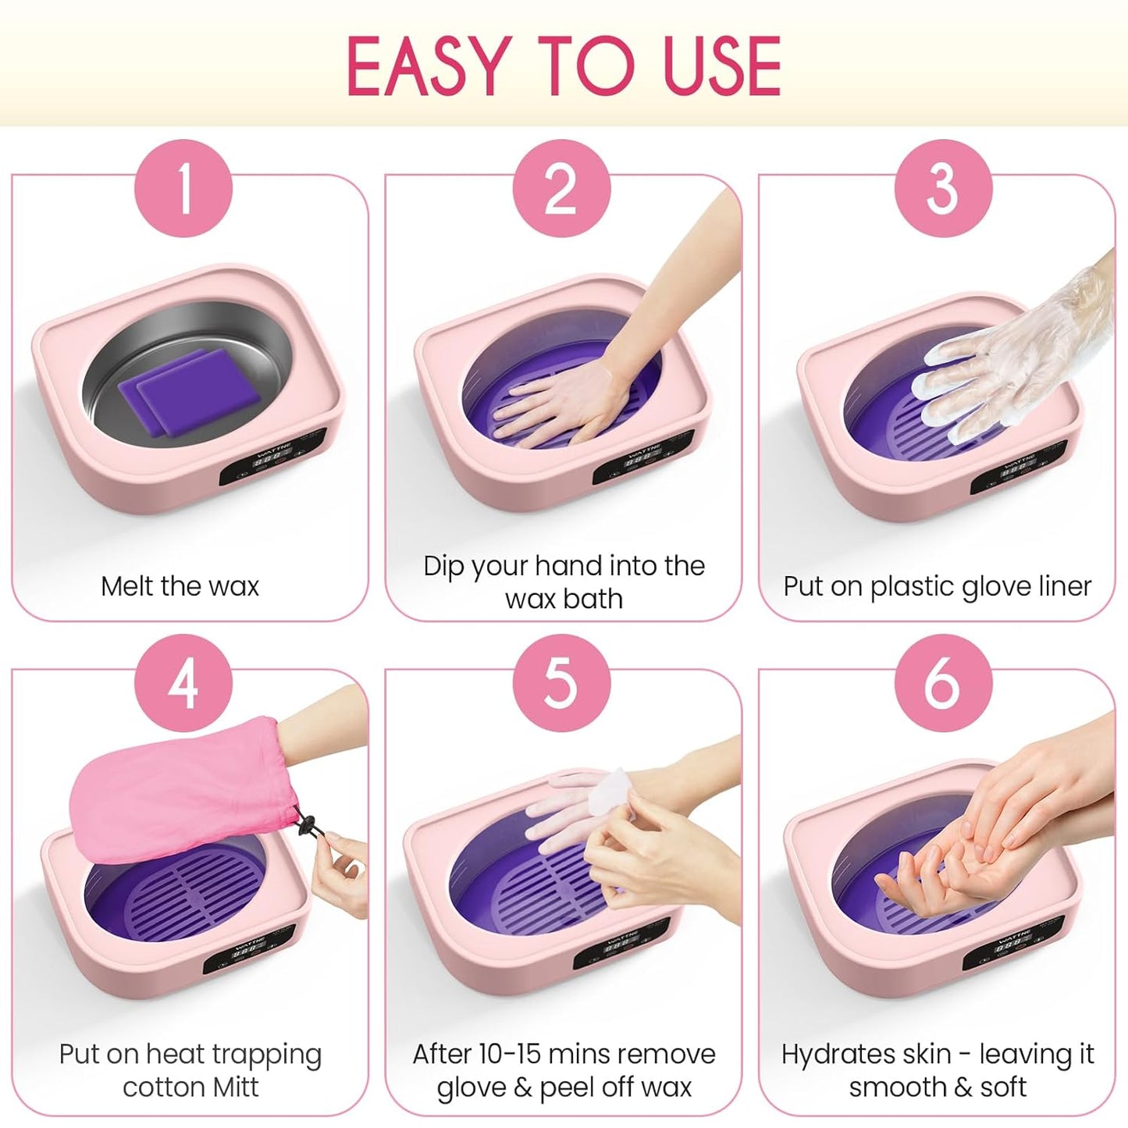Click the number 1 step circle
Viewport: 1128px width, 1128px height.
point(183,188)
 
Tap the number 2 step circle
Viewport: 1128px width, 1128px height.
point(561,188)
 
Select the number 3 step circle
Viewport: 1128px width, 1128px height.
point(942,188)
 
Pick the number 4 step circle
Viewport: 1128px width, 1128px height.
point(183,683)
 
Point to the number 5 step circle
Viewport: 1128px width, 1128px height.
point(561,683)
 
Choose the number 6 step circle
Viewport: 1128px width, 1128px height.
point(942,683)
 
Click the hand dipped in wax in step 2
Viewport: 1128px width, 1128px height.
point(562,406)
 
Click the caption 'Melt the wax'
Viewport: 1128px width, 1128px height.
point(180,585)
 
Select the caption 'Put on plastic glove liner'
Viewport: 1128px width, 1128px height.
point(937,585)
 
